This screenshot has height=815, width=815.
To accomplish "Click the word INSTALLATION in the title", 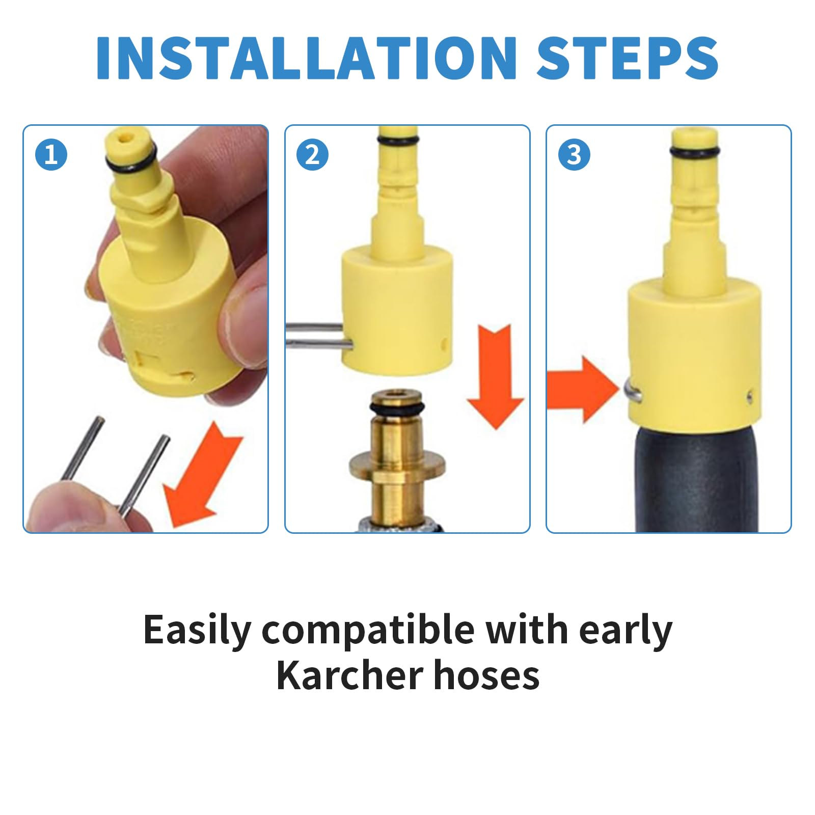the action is coord(306,58).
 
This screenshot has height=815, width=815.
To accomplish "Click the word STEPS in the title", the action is coord(628,58).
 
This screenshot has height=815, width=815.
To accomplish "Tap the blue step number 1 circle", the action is coord(51,154).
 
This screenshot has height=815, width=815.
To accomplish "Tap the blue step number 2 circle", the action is coord(312,154).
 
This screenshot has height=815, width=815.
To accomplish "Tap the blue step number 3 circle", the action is coord(574,154).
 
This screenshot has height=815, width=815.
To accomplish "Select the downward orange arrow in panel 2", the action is coord(496,376).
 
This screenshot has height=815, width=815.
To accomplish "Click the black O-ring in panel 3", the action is coord(695,151).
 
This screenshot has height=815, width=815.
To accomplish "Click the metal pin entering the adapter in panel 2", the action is coord(319,336).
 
